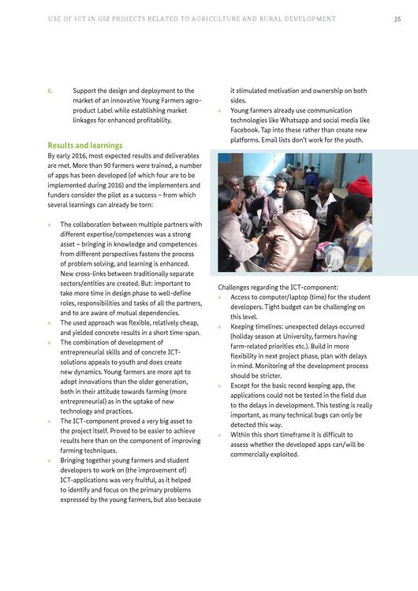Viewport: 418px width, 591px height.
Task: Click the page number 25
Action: (397, 18)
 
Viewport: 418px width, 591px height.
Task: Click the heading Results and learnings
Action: (84, 146)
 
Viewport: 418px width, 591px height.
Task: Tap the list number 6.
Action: (50, 91)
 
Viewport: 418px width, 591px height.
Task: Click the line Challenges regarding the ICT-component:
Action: (277, 288)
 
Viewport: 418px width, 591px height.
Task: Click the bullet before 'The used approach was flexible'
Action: (50, 323)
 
